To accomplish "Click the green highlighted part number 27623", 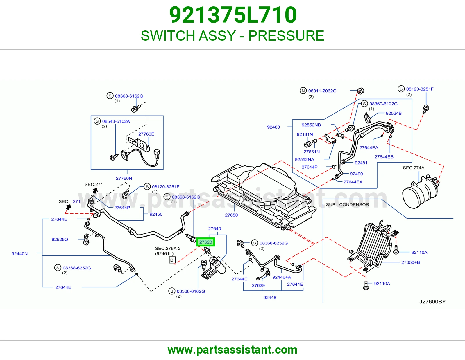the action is pos(205,242).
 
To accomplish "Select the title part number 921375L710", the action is pos(233,15).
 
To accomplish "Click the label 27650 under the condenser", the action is pos(231,215).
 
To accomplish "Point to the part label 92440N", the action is pos(19,254).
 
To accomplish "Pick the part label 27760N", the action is pos(124,178).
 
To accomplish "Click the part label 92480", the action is pos(273,127).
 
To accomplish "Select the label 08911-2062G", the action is pos(322,91).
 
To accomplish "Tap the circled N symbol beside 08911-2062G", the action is pos(303,91).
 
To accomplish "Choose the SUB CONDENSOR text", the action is pos(347,205).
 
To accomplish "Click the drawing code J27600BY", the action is pos(432,302).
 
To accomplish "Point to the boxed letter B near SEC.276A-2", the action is pos(172,260).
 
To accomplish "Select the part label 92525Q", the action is pos(60,240).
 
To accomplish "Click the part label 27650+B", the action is pos(410,262).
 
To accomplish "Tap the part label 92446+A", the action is pos(282,277).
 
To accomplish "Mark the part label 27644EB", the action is pos(384,157).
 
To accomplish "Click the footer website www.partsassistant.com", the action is pos(233,350).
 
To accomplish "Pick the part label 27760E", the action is pos(146,134).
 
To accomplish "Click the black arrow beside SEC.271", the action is pos(95,190).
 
